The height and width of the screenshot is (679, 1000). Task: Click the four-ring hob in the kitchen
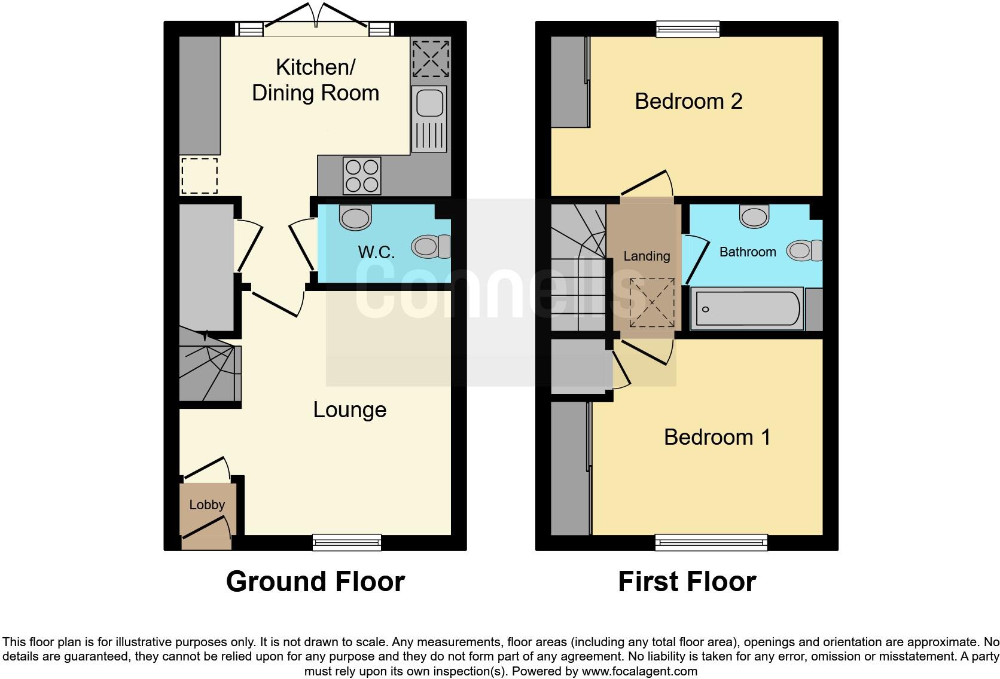coord(361,176)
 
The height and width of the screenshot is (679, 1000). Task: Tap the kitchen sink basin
coord(429,103)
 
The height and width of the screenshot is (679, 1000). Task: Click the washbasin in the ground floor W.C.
coord(355,218)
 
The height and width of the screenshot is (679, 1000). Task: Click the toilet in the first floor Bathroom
coord(804,250)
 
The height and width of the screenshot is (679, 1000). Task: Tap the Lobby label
coord(207,504)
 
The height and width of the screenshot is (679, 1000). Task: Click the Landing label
coord(647,256)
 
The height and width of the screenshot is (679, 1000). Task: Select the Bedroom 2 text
coord(688,101)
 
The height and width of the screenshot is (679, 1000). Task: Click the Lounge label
coord(350,409)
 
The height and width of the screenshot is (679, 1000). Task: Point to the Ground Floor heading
coord(315,581)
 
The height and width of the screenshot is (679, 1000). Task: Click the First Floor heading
coord(687,581)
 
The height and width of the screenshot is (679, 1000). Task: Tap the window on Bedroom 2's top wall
coord(688,29)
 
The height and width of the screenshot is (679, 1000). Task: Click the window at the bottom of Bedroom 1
coord(711,542)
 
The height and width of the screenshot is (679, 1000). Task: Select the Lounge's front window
coord(347,542)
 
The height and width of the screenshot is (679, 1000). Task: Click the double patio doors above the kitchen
coord(316,24)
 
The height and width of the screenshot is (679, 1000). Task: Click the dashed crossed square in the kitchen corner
coord(430,59)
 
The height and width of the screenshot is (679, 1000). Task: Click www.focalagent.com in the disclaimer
coord(639,671)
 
